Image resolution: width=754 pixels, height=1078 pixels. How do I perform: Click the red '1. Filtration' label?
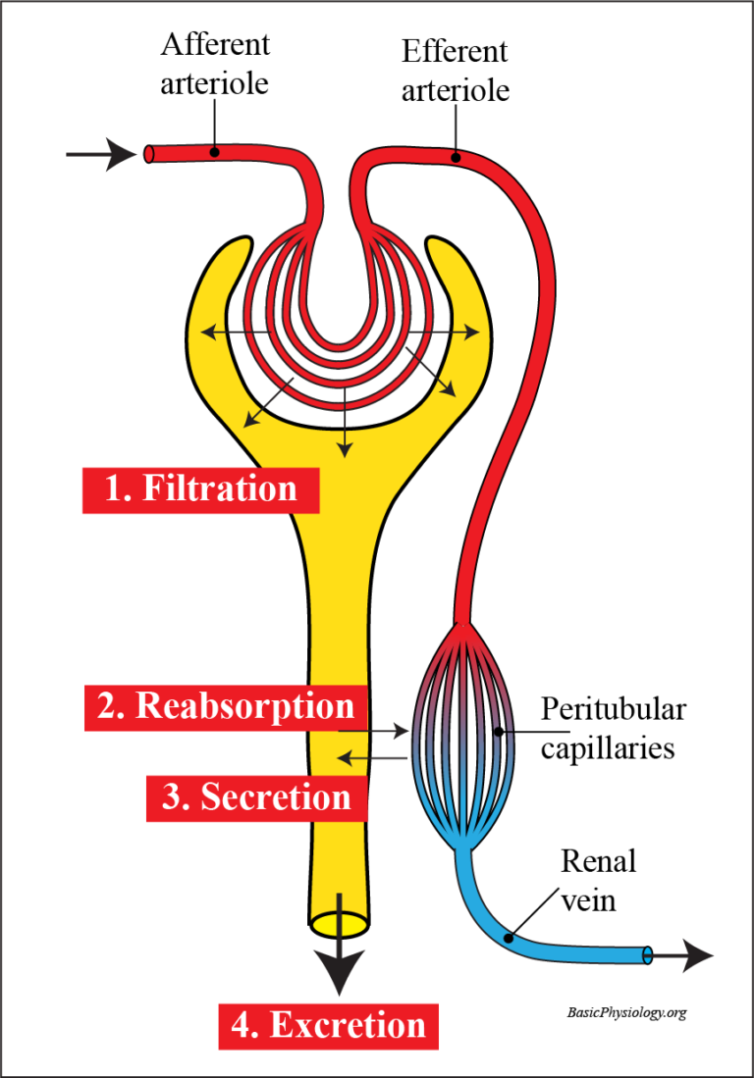[x=200, y=488]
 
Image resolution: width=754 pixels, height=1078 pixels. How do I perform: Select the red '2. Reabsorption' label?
[x=226, y=706]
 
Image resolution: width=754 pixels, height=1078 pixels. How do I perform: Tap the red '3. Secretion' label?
[x=256, y=797]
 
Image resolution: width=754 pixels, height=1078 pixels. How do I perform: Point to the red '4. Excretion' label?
[x=328, y=1025]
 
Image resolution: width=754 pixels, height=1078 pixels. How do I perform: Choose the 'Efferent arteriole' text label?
[x=456, y=71]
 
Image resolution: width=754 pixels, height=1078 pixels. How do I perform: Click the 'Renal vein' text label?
[x=598, y=880]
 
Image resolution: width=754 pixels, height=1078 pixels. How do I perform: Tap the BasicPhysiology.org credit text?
[x=626, y=1011]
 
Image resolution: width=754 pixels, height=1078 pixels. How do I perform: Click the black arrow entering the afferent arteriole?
[x=100, y=154]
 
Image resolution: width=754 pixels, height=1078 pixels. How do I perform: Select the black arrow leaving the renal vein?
[x=684, y=953]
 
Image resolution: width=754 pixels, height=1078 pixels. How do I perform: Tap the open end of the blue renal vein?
[x=647, y=953]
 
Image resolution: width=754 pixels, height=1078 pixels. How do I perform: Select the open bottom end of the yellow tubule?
[x=339, y=923]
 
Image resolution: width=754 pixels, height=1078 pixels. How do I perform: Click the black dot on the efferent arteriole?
[x=456, y=156]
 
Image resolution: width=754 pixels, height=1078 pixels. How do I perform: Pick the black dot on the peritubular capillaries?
[x=500, y=731]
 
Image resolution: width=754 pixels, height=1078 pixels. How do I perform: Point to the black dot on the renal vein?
[x=509, y=939]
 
